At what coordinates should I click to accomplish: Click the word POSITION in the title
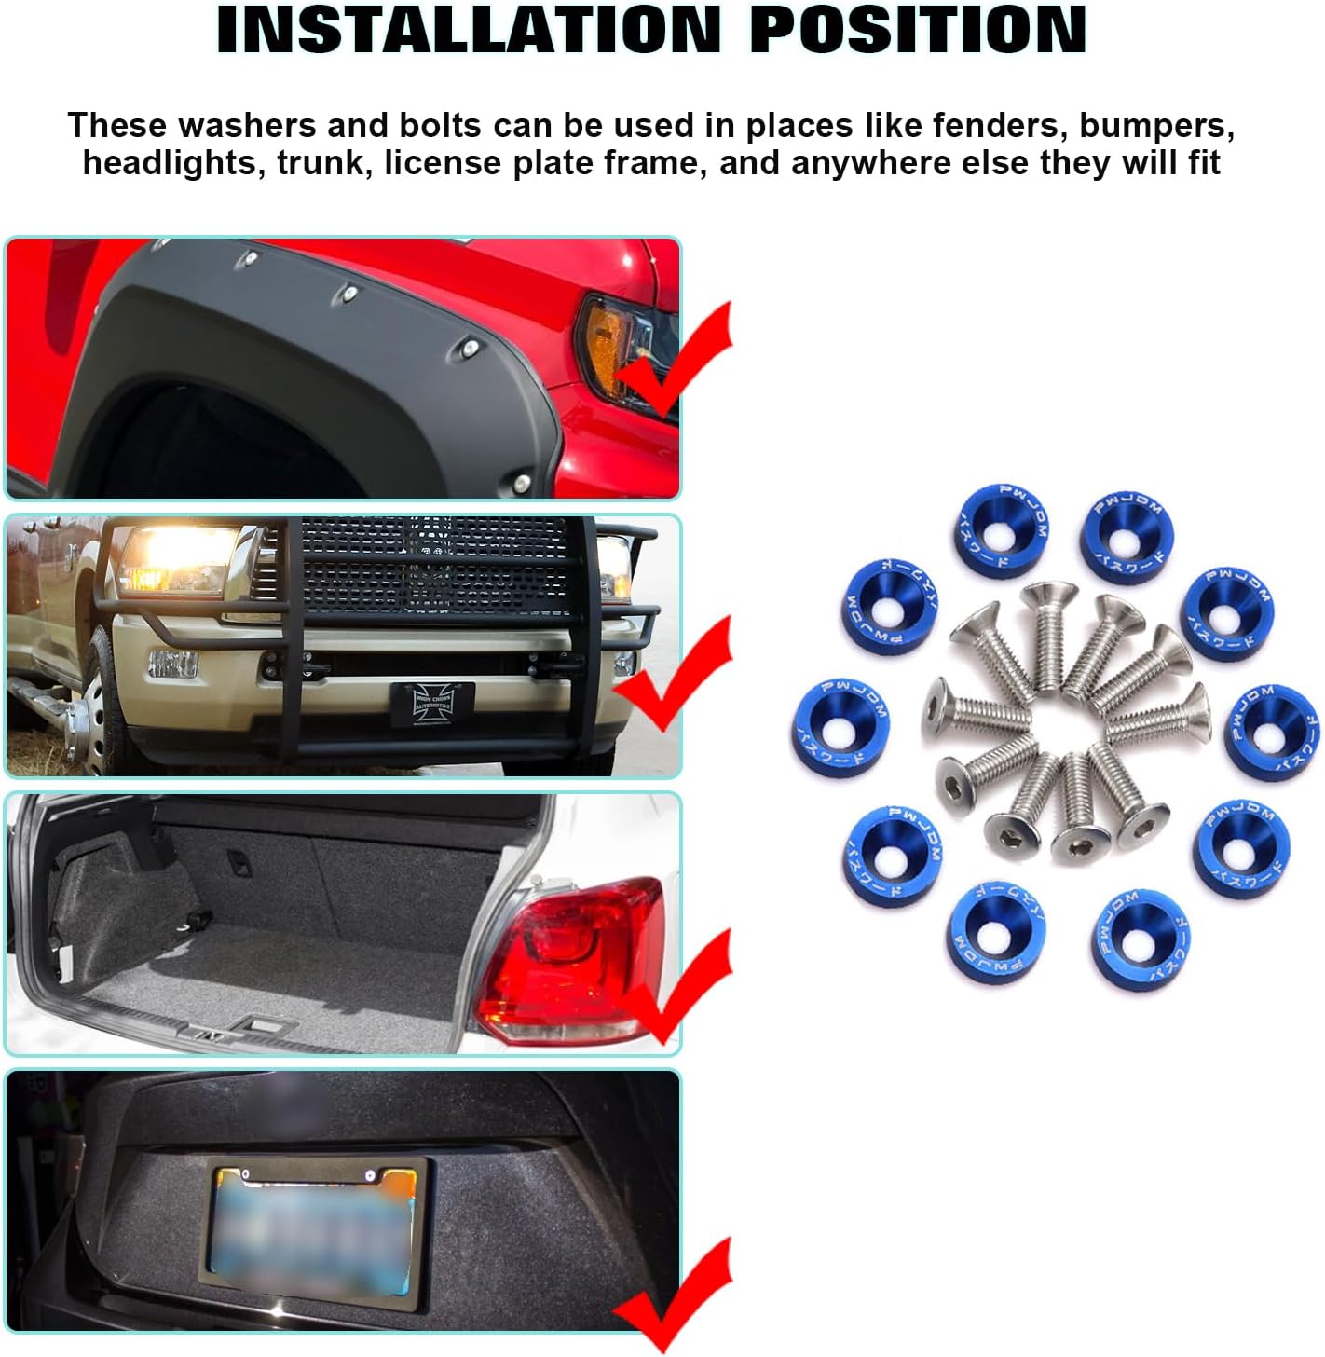point(918,30)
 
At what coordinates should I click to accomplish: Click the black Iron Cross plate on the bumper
point(432,702)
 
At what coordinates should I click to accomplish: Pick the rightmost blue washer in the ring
point(1271,732)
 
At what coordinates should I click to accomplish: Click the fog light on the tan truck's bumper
point(173,664)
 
